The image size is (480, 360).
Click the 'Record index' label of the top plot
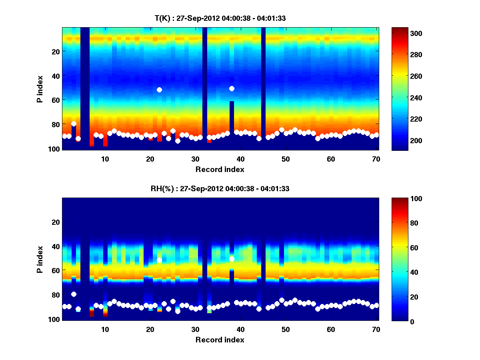point(220,170)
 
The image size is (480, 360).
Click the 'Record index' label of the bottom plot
point(220,340)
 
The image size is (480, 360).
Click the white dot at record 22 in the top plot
point(159,90)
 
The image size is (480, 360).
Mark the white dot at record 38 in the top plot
point(232,88)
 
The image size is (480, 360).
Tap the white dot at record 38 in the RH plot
point(232,259)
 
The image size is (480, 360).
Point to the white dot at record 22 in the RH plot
point(159,260)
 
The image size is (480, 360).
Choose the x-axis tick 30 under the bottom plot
point(195,329)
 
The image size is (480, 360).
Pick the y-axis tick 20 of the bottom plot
point(56,222)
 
